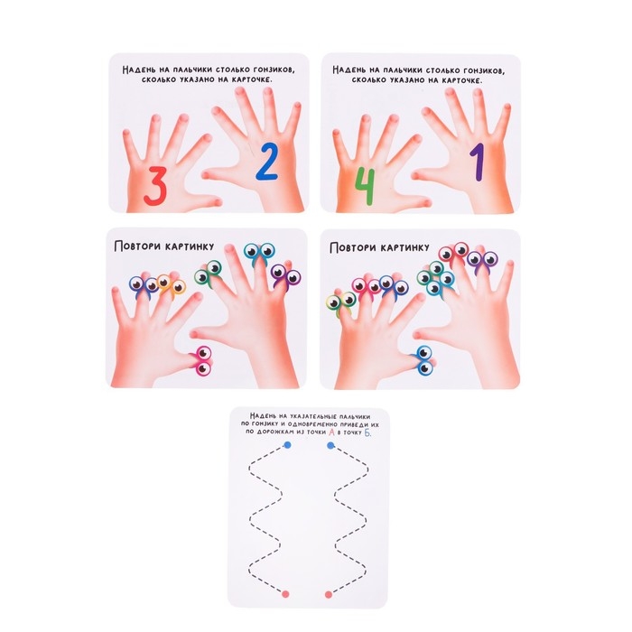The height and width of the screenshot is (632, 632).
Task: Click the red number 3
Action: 155,186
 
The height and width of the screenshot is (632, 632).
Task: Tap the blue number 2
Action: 266,162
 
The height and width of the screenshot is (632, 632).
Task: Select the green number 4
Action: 365,186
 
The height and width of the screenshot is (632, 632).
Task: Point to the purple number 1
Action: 477,163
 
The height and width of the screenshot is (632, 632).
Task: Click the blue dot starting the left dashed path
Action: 287,445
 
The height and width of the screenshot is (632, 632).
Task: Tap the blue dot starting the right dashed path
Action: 331,445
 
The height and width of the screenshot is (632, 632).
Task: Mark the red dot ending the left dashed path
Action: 285,594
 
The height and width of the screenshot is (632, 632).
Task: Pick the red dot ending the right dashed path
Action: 329,594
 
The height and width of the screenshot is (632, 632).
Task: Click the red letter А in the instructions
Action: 331,432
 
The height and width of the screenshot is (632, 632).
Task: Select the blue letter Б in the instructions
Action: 367,432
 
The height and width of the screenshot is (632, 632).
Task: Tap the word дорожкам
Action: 274,432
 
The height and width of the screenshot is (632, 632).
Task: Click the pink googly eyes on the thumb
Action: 203,360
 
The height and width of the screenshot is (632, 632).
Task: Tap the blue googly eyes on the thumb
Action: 423,360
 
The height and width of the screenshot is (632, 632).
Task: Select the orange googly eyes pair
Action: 171,285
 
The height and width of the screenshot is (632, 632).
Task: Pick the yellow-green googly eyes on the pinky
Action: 340,303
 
